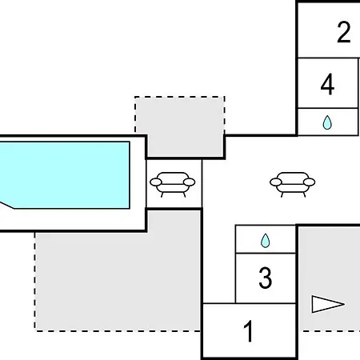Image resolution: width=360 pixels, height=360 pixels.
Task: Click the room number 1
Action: (x=248, y=331)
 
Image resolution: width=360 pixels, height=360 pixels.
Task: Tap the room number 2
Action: (x=344, y=32)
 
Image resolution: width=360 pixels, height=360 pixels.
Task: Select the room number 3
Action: (x=266, y=278)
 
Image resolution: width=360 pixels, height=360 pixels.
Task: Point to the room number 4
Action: (x=327, y=84)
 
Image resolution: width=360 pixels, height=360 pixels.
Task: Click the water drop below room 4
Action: (x=327, y=122)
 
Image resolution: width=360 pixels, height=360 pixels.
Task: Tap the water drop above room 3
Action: (x=266, y=241)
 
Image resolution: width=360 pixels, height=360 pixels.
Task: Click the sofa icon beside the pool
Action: (x=173, y=184)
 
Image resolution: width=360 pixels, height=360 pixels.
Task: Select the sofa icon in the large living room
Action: (x=293, y=184)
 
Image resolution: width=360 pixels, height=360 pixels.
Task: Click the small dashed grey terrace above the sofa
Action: (x=180, y=126)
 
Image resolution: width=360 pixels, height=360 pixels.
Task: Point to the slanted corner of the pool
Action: (x=7, y=205)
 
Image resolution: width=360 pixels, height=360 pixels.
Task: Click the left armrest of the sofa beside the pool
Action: (x=156, y=182)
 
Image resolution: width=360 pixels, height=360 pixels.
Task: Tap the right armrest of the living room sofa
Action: (x=310, y=182)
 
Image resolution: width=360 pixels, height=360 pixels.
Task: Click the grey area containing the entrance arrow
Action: (x=330, y=278)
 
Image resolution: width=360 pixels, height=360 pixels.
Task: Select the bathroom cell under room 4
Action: (x=328, y=122)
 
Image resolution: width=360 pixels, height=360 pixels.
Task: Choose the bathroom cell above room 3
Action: (x=266, y=239)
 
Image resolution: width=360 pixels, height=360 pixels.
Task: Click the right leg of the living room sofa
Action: (x=304, y=194)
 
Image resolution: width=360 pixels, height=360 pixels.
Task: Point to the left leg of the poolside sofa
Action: (x=162, y=194)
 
